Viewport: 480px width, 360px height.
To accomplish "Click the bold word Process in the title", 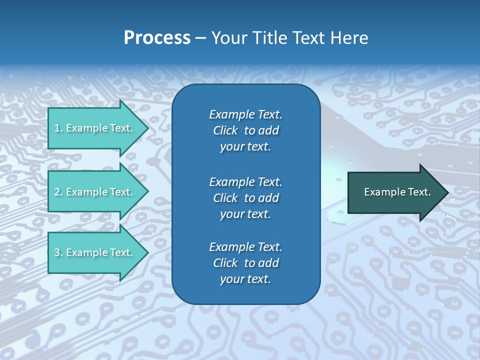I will click(157, 38).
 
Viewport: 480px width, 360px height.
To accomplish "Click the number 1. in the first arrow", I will click(58, 128).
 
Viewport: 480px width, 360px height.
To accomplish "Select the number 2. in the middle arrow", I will click(58, 192).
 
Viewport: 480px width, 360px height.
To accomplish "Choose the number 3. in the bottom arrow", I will click(58, 252).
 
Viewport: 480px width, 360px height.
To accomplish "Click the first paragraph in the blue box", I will click(245, 130).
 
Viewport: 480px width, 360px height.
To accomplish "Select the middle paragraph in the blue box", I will click(245, 198).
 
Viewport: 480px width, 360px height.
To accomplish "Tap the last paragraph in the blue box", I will click(245, 263).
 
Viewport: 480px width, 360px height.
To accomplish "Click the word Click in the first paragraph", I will click(225, 130).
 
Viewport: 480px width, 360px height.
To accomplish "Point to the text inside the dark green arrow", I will click(397, 192).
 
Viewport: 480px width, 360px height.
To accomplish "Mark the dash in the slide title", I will click(200, 38).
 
